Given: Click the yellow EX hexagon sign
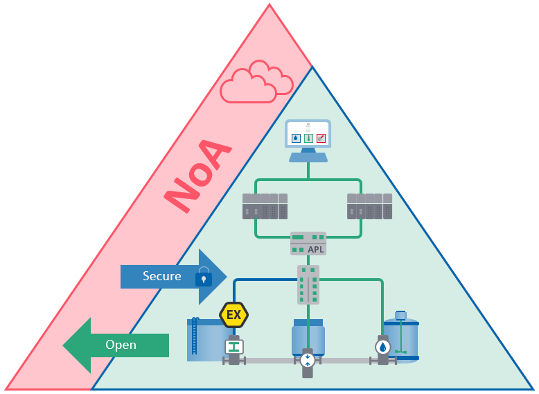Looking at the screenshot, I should point(234,315).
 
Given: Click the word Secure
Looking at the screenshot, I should point(162,276).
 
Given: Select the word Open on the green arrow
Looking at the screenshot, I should point(121,345).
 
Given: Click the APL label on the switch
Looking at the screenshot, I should point(315,249).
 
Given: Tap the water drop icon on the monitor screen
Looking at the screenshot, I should point(296,138).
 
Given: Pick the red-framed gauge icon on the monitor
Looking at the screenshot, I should point(321,138).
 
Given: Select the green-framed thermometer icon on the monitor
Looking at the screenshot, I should point(308,138).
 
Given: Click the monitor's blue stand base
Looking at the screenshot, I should point(308,157).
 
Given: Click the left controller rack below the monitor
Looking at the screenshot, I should point(265,206).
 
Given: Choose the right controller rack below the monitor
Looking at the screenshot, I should point(369,206).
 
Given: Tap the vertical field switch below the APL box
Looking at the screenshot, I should point(308,284).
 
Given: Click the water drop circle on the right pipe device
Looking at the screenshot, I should point(383,347).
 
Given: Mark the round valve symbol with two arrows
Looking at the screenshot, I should point(308,360).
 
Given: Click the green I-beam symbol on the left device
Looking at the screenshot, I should point(234,346).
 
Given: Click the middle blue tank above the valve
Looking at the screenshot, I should point(308,336).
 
